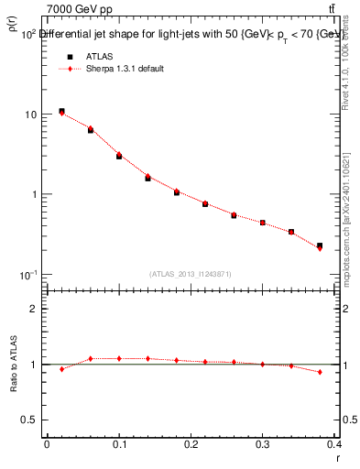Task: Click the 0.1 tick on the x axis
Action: coord(119,443)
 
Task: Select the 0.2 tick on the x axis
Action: coord(191,443)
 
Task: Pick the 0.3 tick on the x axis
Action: coord(264,443)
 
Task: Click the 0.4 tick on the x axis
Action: coord(335,443)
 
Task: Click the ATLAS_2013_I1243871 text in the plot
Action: coord(190,274)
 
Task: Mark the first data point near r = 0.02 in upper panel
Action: coord(61,112)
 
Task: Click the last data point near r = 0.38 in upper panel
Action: coord(320,246)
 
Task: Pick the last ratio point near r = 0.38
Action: coord(320,372)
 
